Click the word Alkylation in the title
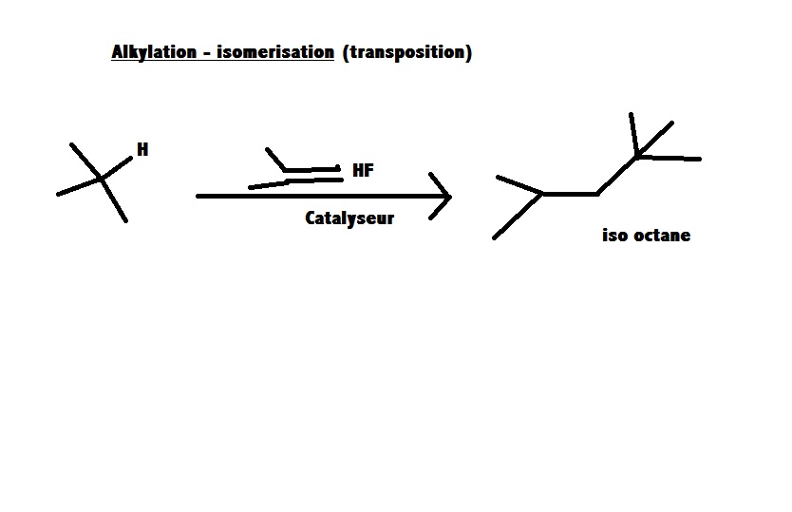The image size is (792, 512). (x=150, y=53)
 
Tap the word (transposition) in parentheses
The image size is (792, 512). (x=407, y=53)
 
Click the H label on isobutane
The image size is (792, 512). (x=142, y=149)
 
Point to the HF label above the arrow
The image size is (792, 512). (x=363, y=171)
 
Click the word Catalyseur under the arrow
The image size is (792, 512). (x=349, y=218)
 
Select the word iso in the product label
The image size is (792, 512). (x=614, y=236)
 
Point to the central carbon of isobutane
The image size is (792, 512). (x=101, y=179)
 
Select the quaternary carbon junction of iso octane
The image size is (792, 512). (x=637, y=155)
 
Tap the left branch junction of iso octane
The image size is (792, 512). (x=542, y=194)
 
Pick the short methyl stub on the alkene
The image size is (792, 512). (x=275, y=159)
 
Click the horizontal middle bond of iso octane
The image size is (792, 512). (x=570, y=194)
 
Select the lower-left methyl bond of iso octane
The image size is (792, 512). (x=518, y=217)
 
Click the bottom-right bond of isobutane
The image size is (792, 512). (x=114, y=200)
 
